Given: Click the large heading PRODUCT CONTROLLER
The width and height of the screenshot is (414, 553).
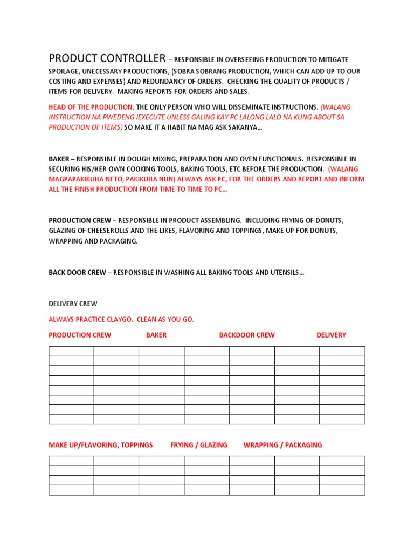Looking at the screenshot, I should pos(107,58).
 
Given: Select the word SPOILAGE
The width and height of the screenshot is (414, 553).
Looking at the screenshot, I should pos(66,71).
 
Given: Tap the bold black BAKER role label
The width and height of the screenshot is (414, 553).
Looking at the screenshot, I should pos(59,159).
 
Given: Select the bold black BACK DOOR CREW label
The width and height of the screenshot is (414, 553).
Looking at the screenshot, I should pos(77,273).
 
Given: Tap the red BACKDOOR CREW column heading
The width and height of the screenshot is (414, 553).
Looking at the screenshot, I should pos(246,335).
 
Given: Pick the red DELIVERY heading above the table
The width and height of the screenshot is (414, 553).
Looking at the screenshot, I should pos(331,335).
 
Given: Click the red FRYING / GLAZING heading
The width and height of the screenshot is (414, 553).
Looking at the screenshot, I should pos(199,445).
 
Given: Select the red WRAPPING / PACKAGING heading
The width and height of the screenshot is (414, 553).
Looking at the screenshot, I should pos(282,445).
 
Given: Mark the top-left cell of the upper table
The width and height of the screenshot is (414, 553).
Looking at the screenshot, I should pos(71,351).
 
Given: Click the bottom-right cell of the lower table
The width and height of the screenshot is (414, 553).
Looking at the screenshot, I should pos(342,490).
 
